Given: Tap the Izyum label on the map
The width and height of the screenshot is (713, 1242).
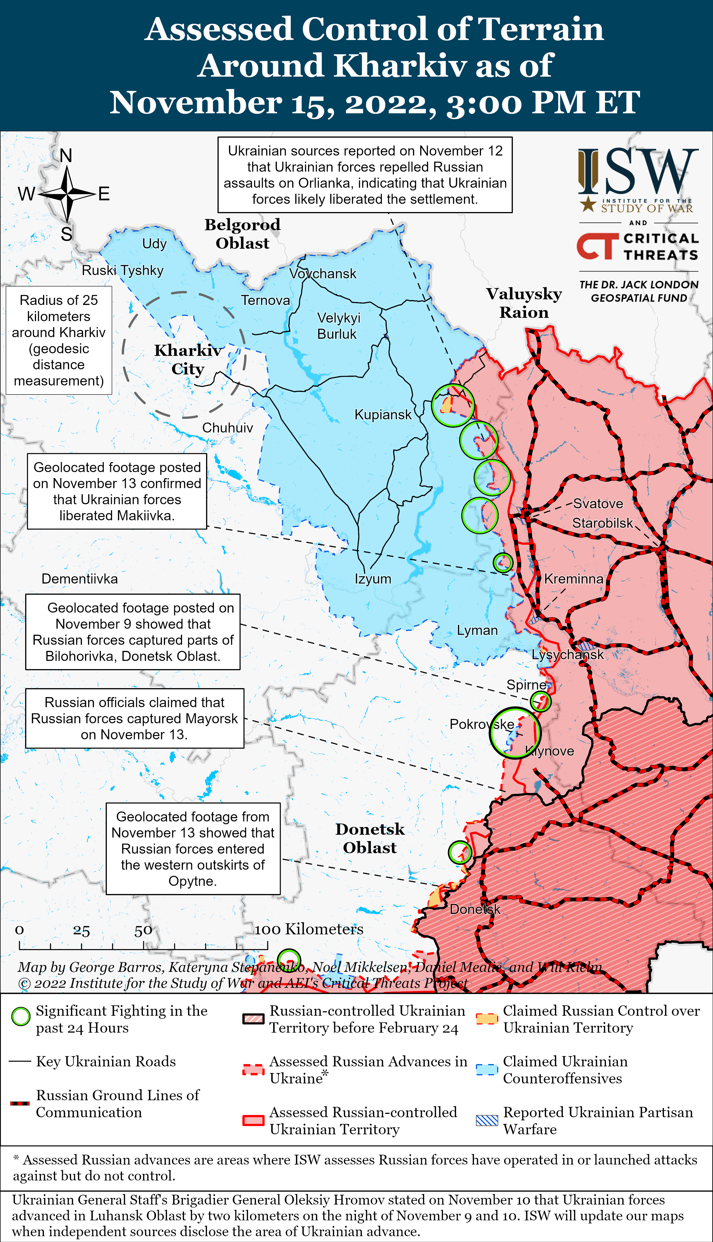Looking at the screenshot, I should coord(373,579).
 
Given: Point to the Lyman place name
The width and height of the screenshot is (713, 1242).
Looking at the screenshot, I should coord(477,630).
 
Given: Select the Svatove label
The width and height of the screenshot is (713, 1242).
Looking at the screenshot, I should coord(598,504).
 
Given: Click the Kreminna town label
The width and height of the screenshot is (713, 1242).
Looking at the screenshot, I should coord(573,579).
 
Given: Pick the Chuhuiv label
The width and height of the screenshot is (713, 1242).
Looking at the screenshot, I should coord(227,427).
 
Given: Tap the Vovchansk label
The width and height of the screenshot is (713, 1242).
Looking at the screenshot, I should coord(323,274).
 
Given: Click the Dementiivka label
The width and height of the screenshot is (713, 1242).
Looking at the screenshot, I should coord(79,579).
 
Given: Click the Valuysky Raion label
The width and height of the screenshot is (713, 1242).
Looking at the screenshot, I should coord(524,303).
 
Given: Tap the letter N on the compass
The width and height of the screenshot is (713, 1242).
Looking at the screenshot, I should coord(66,156).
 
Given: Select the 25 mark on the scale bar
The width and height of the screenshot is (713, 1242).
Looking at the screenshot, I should coord(81,930).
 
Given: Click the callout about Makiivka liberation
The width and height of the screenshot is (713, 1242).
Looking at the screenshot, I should coord(117,491).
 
